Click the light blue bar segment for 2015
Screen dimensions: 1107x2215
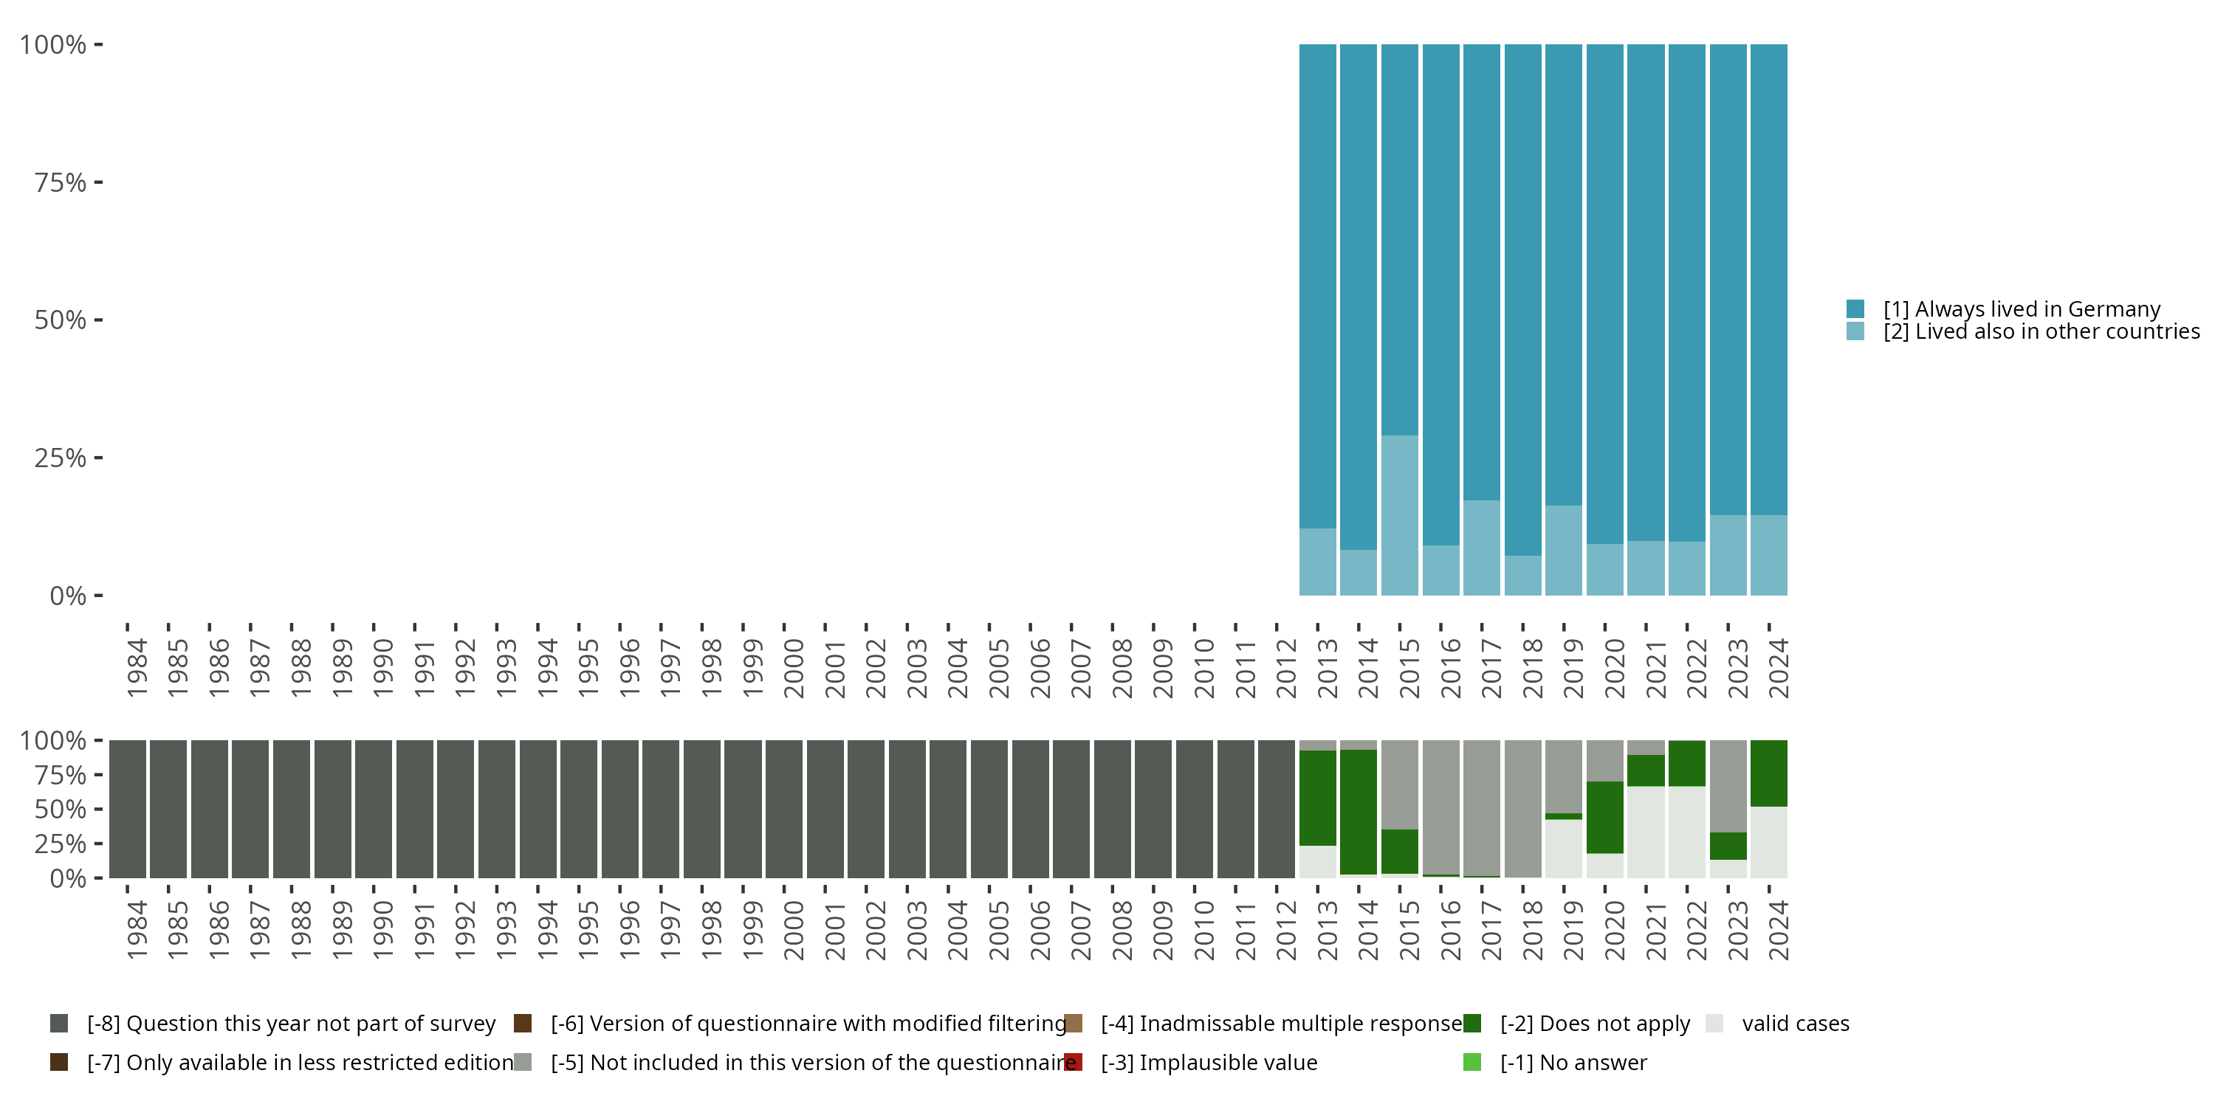[x=1399, y=515]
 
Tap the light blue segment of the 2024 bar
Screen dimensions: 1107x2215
[x=1769, y=555]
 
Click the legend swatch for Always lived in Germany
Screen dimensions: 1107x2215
[x=1855, y=308]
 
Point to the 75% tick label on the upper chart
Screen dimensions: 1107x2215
[x=61, y=182]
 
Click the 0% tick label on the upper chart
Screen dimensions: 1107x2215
[x=68, y=596]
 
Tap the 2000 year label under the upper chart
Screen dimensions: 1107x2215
[x=793, y=668]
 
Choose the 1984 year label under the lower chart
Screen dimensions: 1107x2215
[x=136, y=930]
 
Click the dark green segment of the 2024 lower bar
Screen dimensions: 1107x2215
[x=1769, y=773]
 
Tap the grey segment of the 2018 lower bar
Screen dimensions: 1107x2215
[x=1522, y=808]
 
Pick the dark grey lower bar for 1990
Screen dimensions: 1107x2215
[x=373, y=809]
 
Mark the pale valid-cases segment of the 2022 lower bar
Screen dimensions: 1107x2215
[x=1687, y=832]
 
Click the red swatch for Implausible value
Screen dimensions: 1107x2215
[x=1073, y=1062]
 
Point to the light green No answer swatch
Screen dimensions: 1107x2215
[x=1472, y=1062]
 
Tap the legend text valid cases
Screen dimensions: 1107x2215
[x=1796, y=1024]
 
